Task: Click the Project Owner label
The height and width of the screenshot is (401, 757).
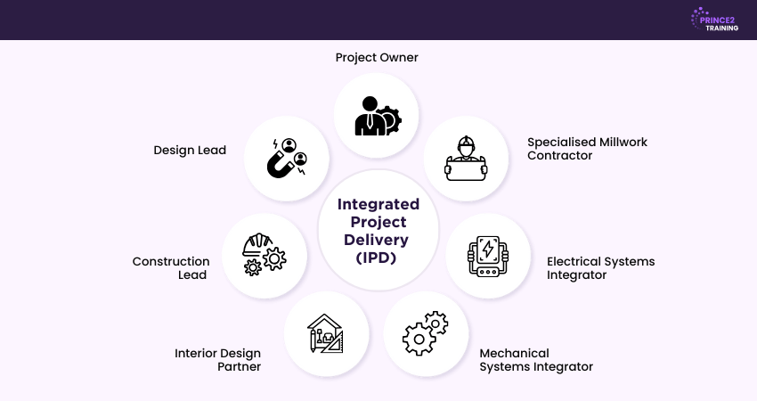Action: pos(377,58)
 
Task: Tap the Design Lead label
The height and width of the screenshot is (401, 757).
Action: pos(190,151)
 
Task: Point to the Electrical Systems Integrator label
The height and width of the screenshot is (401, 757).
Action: pos(600,268)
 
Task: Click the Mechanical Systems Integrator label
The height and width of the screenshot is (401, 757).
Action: pos(536,359)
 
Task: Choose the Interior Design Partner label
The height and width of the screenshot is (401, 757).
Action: pos(217,359)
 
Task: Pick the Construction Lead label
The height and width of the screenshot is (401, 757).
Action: pos(171,268)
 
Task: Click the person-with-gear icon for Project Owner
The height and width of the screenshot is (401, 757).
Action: pos(377,115)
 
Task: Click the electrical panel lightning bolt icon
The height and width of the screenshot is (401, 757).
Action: pos(488,257)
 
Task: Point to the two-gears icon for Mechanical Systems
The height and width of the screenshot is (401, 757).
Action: pos(426,333)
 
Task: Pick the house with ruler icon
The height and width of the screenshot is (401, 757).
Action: pos(327,333)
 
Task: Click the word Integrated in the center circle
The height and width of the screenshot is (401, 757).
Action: pos(378,204)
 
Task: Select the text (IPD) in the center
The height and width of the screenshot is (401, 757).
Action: pos(378,258)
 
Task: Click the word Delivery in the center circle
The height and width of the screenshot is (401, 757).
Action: pos(378,240)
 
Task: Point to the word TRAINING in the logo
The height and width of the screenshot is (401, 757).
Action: pos(721,28)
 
